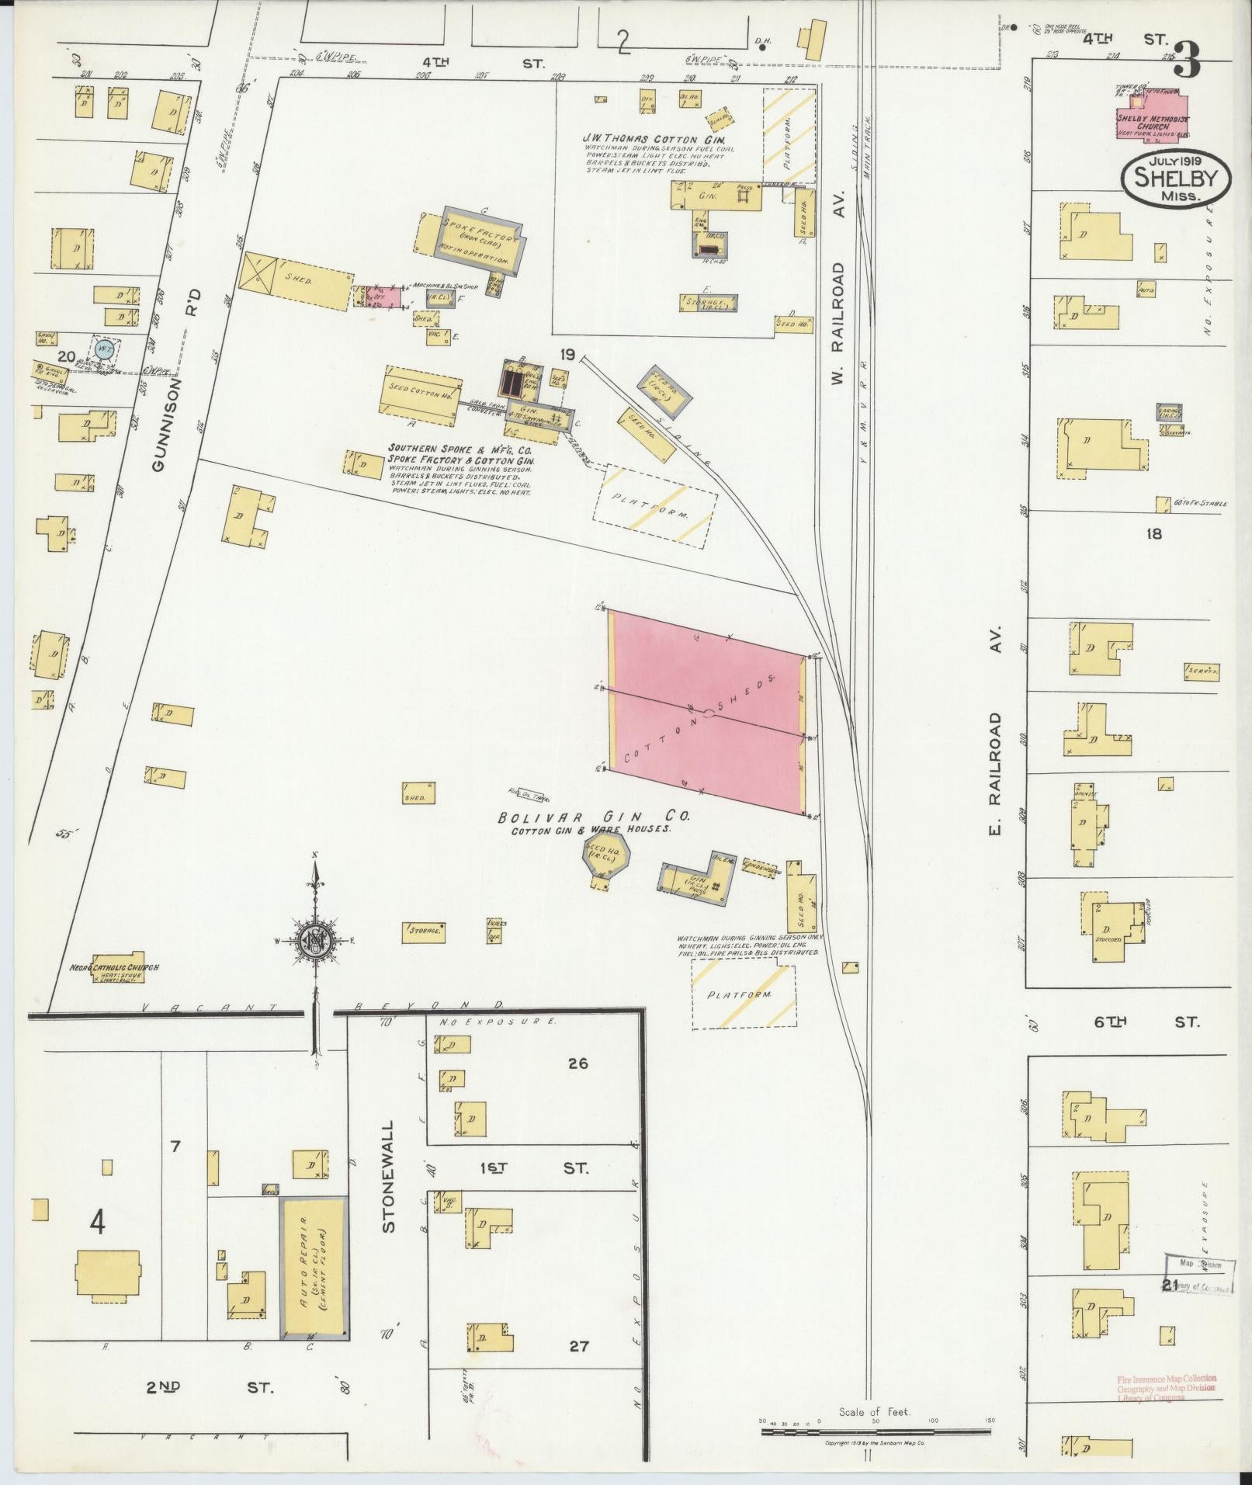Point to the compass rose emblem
tap(316, 940)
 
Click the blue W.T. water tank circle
tap(103, 348)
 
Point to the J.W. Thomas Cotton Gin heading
tap(654, 139)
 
